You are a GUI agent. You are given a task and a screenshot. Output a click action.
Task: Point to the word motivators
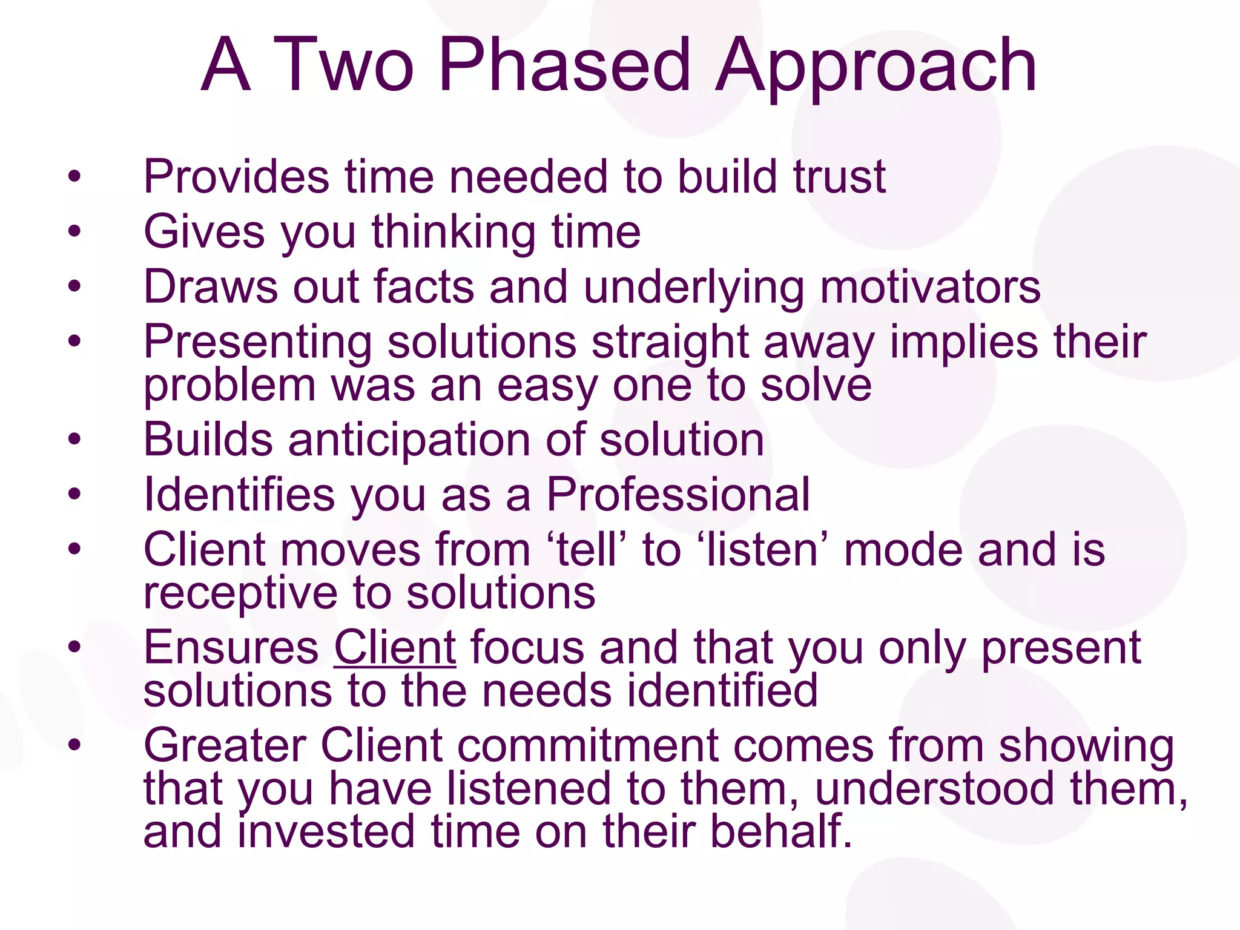pos(931,287)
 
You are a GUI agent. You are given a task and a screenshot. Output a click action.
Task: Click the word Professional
pos(678,495)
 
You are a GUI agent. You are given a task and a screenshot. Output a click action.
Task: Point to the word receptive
pos(240,594)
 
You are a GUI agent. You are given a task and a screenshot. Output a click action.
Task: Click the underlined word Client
pos(395,648)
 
